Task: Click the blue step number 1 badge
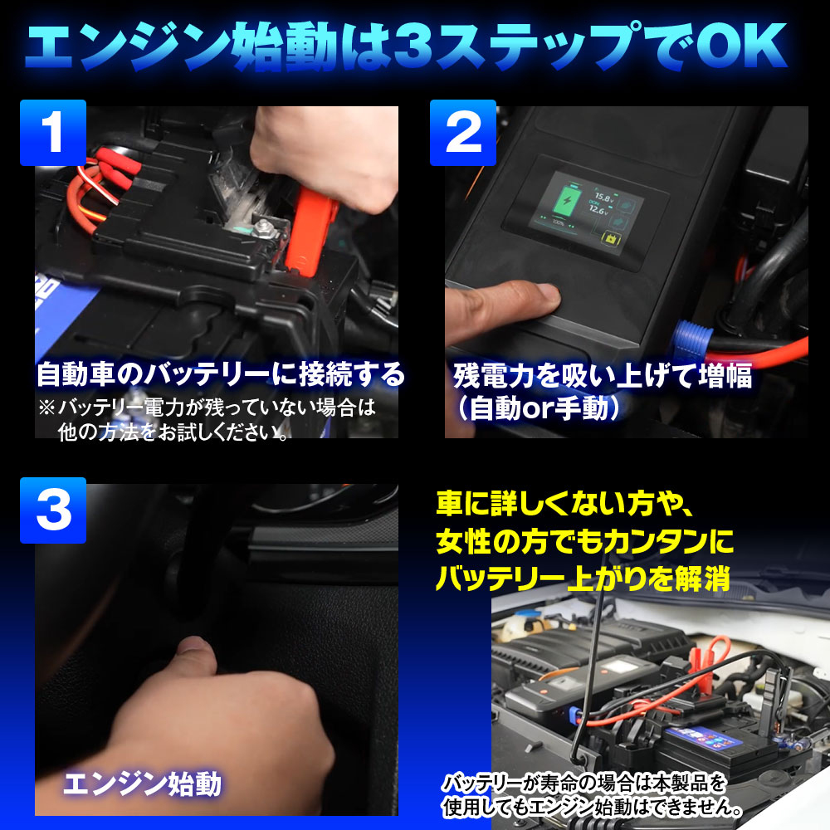53,132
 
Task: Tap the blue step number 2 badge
463,132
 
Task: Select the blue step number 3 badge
53,510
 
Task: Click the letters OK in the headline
741,46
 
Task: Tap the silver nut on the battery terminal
262,229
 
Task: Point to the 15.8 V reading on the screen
604,198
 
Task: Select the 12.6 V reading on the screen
598,210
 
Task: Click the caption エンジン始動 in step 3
142,784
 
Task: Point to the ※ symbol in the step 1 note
46,408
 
